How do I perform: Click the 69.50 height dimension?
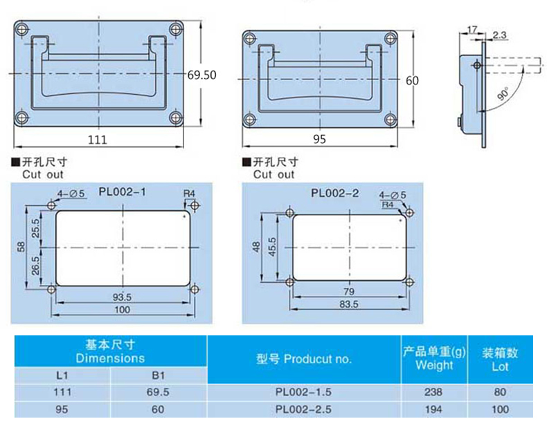[201, 75]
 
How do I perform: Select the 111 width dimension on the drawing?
[98, 140]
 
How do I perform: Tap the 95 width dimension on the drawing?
[319, 140]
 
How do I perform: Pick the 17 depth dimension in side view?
[474, 30]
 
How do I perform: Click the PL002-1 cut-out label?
[122, 192]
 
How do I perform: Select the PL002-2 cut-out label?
[335, 194]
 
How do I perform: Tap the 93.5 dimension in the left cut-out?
[123, 297]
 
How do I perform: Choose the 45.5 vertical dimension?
[273, 245]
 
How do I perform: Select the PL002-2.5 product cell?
[303, 409]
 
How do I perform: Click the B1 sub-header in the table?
[159, 375]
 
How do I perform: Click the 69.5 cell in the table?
[159, 391]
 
